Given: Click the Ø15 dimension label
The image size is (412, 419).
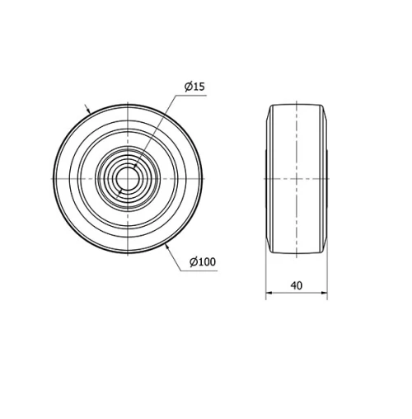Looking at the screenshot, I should click(x=194, y=87).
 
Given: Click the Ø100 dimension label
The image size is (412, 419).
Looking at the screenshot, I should click(x=202, y=262).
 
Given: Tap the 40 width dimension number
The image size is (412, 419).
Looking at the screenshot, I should click(x=297, y=285).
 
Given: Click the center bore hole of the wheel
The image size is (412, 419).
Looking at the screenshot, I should click(x=128, y=178).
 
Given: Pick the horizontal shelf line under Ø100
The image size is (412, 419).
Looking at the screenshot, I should click(x=203, y=271).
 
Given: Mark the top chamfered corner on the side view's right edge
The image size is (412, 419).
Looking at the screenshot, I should click(x=325, y=111).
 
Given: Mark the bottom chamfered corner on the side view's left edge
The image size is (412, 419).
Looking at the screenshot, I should click(x=269, y=247).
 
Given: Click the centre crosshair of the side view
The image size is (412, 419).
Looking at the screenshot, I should click(x=297, y=178).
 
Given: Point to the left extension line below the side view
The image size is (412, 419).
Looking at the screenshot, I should click(x=266, y=276).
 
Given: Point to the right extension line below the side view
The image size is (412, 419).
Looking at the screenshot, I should click(x=327, y=276).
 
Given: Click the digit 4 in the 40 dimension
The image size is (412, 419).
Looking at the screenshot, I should click(x=293, y=285).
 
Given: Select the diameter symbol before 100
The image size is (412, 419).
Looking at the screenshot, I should click(x=192, y=262).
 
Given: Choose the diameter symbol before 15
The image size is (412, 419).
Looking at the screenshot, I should click(x=188, y=87).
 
